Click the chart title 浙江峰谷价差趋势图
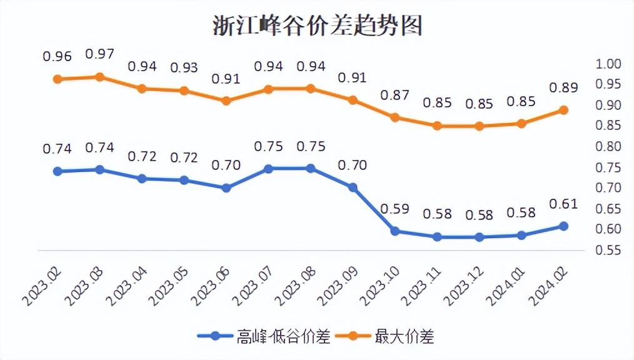click(x=317, y=26)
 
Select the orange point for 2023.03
click(x=99, y=77)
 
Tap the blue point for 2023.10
click(x=395, y=231)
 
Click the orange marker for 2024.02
click(x=563, y=110)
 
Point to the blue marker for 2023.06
click(x=226, y=187)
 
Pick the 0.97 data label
click(x=99, y=54)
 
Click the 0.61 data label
click(x=563, y=204)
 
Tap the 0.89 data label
click(x=563, y=87)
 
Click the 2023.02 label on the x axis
click(x=41, y=284)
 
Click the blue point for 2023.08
click(x=311, y=168)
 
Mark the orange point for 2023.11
click(x=437, y=126)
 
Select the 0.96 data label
click(x=58, y=56)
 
